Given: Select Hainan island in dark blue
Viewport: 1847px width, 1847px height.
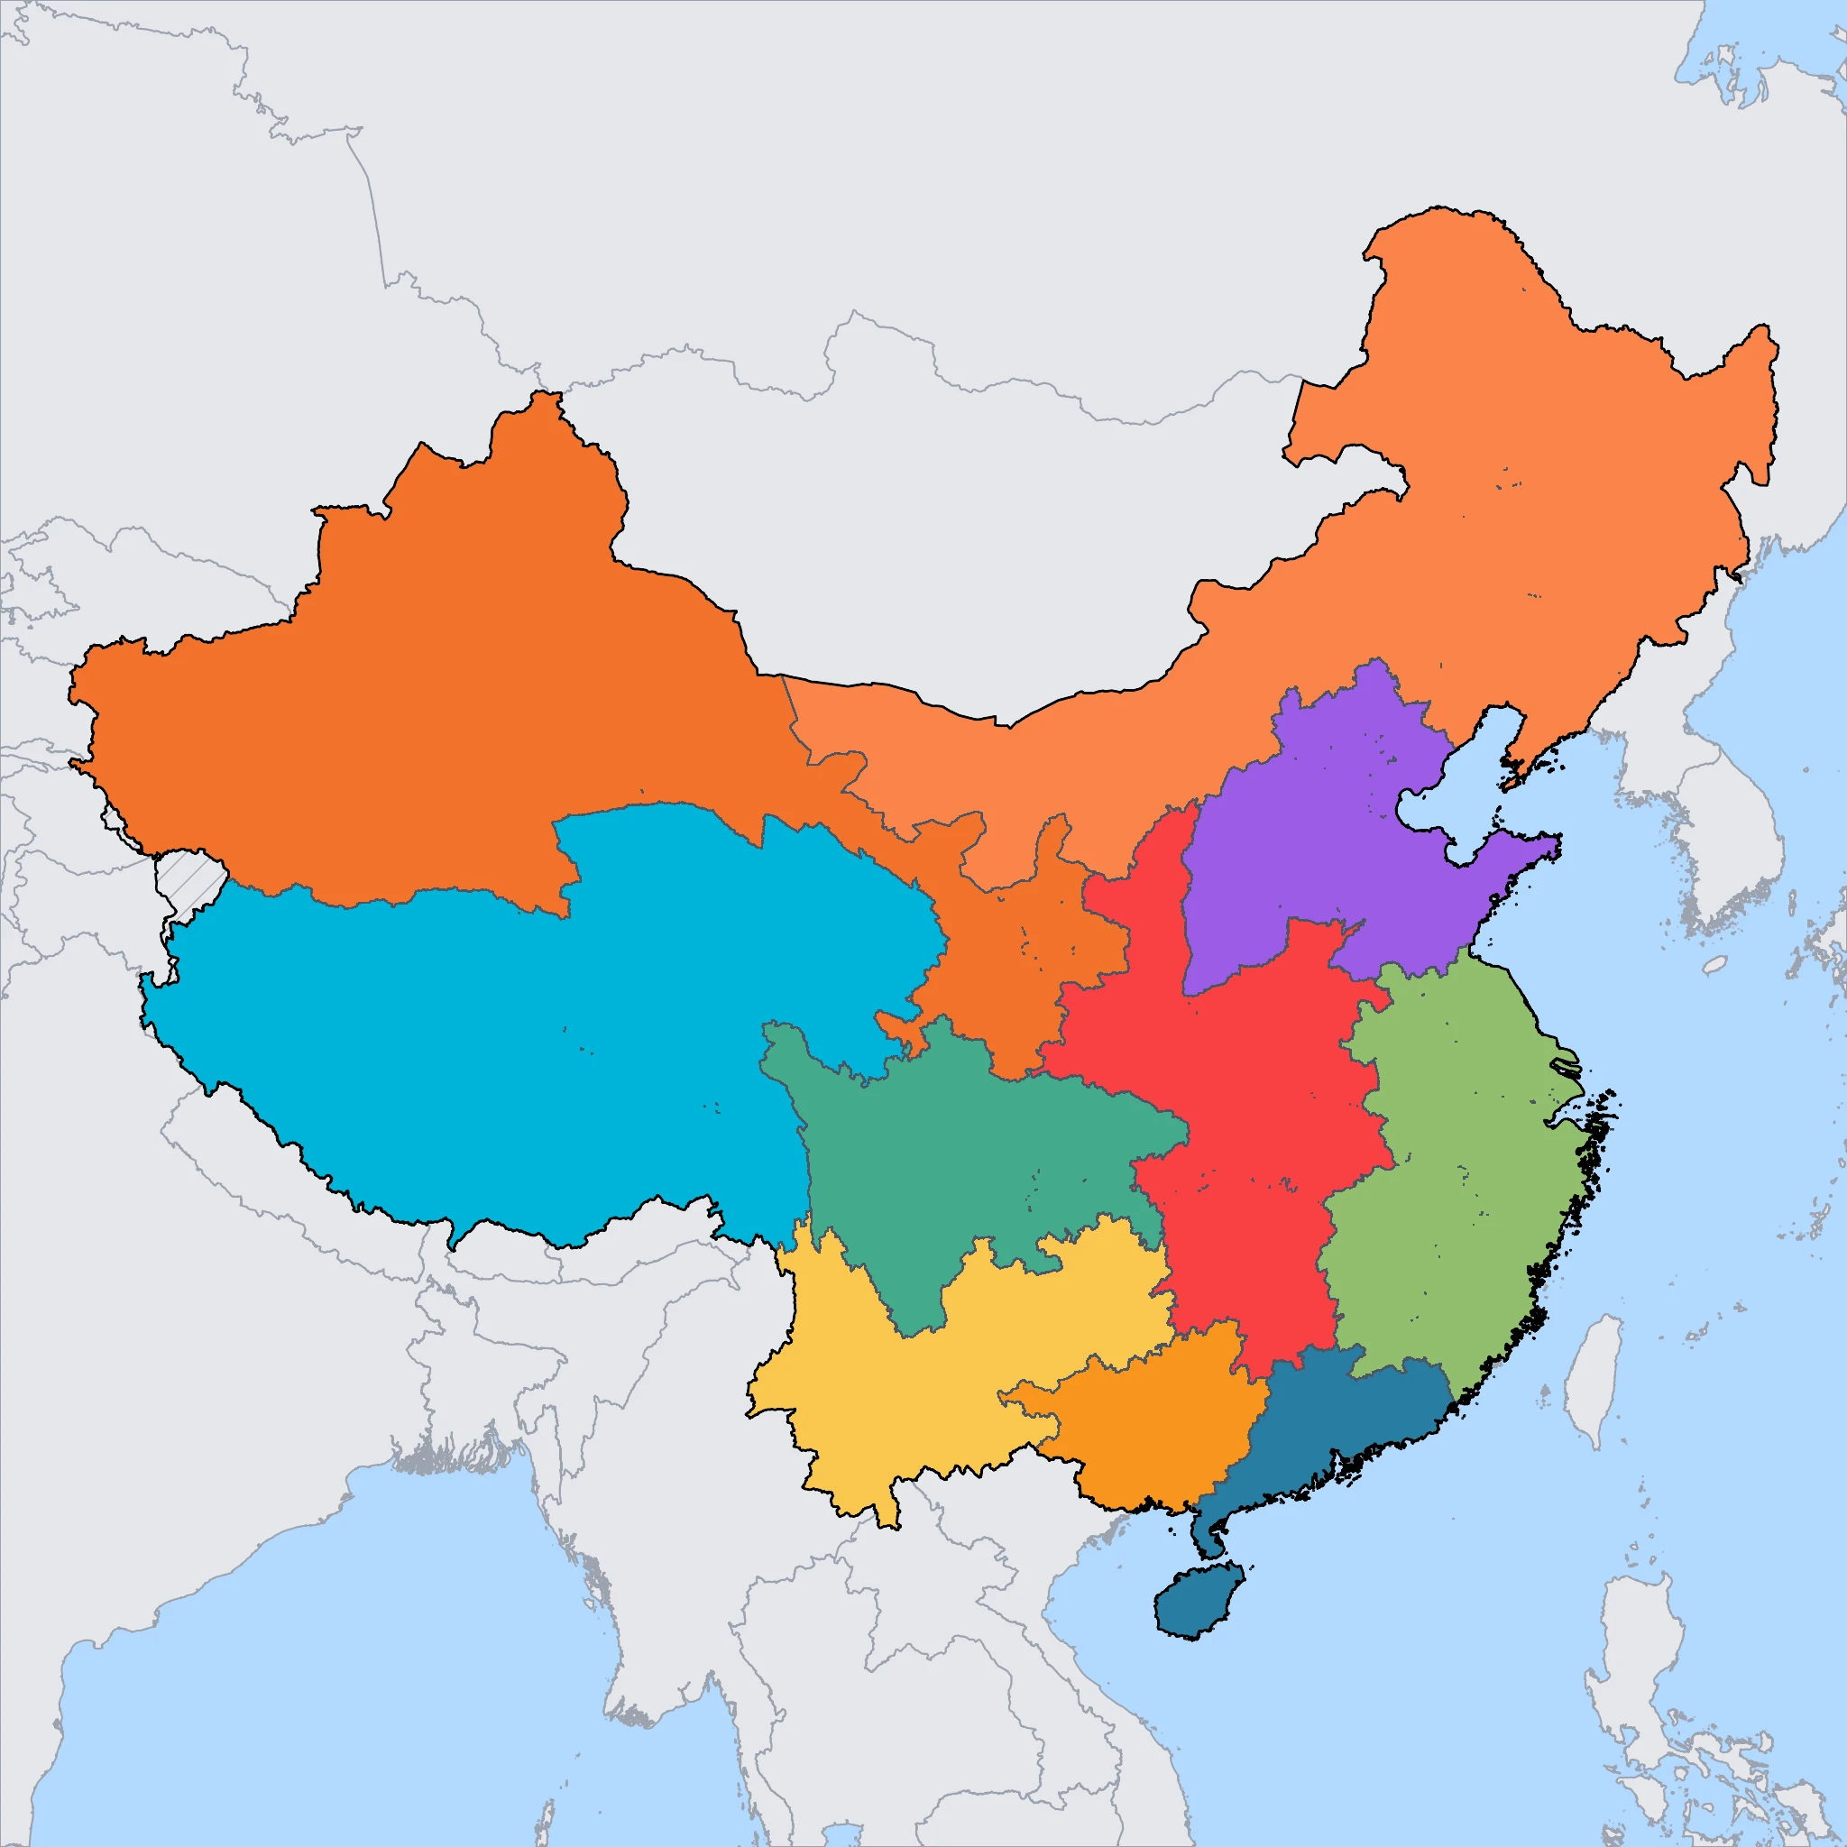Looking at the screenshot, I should coord(1198,1599).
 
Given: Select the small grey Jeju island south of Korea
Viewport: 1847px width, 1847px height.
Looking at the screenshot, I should coord(1715,965).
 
